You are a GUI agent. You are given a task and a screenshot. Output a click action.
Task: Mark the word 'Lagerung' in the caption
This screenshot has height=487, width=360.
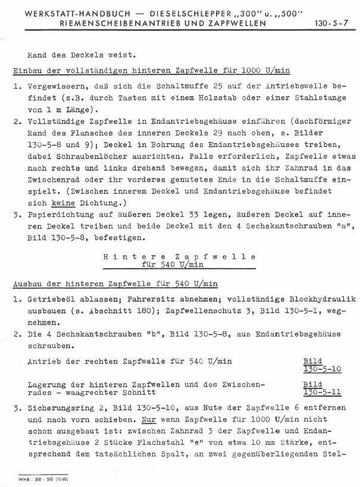[x=47, y=385]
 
